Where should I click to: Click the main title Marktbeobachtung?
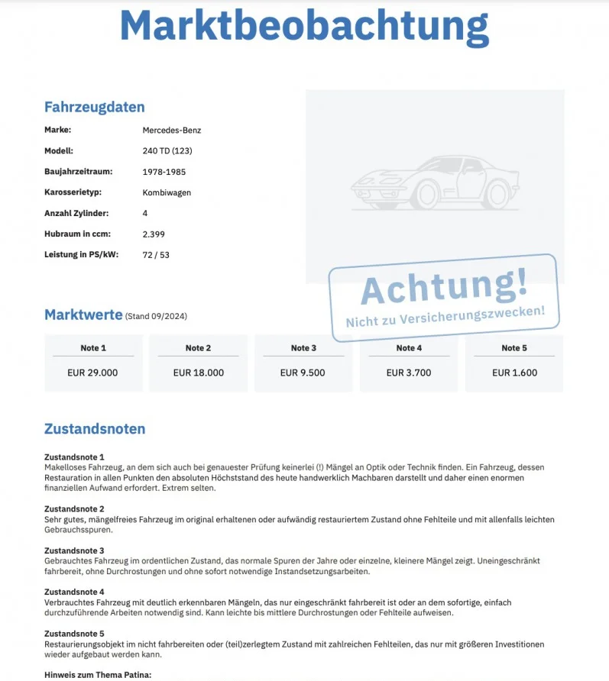pos(304,26)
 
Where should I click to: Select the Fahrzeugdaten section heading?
pos(94,107)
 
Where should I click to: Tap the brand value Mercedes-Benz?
pos(171,130)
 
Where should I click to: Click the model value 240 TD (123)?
pos(167,151)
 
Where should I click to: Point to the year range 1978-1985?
pos(164,172)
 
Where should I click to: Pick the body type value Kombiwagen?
pos(167,192)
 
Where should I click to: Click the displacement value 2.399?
pos(154,234)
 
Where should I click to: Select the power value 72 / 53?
pos(156,254)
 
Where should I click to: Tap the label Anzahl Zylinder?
pos(76,213)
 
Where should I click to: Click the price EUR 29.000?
pos(93,373)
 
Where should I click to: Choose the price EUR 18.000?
pos(199,373)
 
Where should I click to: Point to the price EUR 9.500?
pos(303,373)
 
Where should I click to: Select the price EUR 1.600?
pos(514,373)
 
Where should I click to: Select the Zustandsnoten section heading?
pos(94,429)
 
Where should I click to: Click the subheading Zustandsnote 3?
pos(74,550)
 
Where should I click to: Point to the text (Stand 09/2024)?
pos(156,316)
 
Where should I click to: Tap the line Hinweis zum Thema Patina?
pos(98,674)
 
